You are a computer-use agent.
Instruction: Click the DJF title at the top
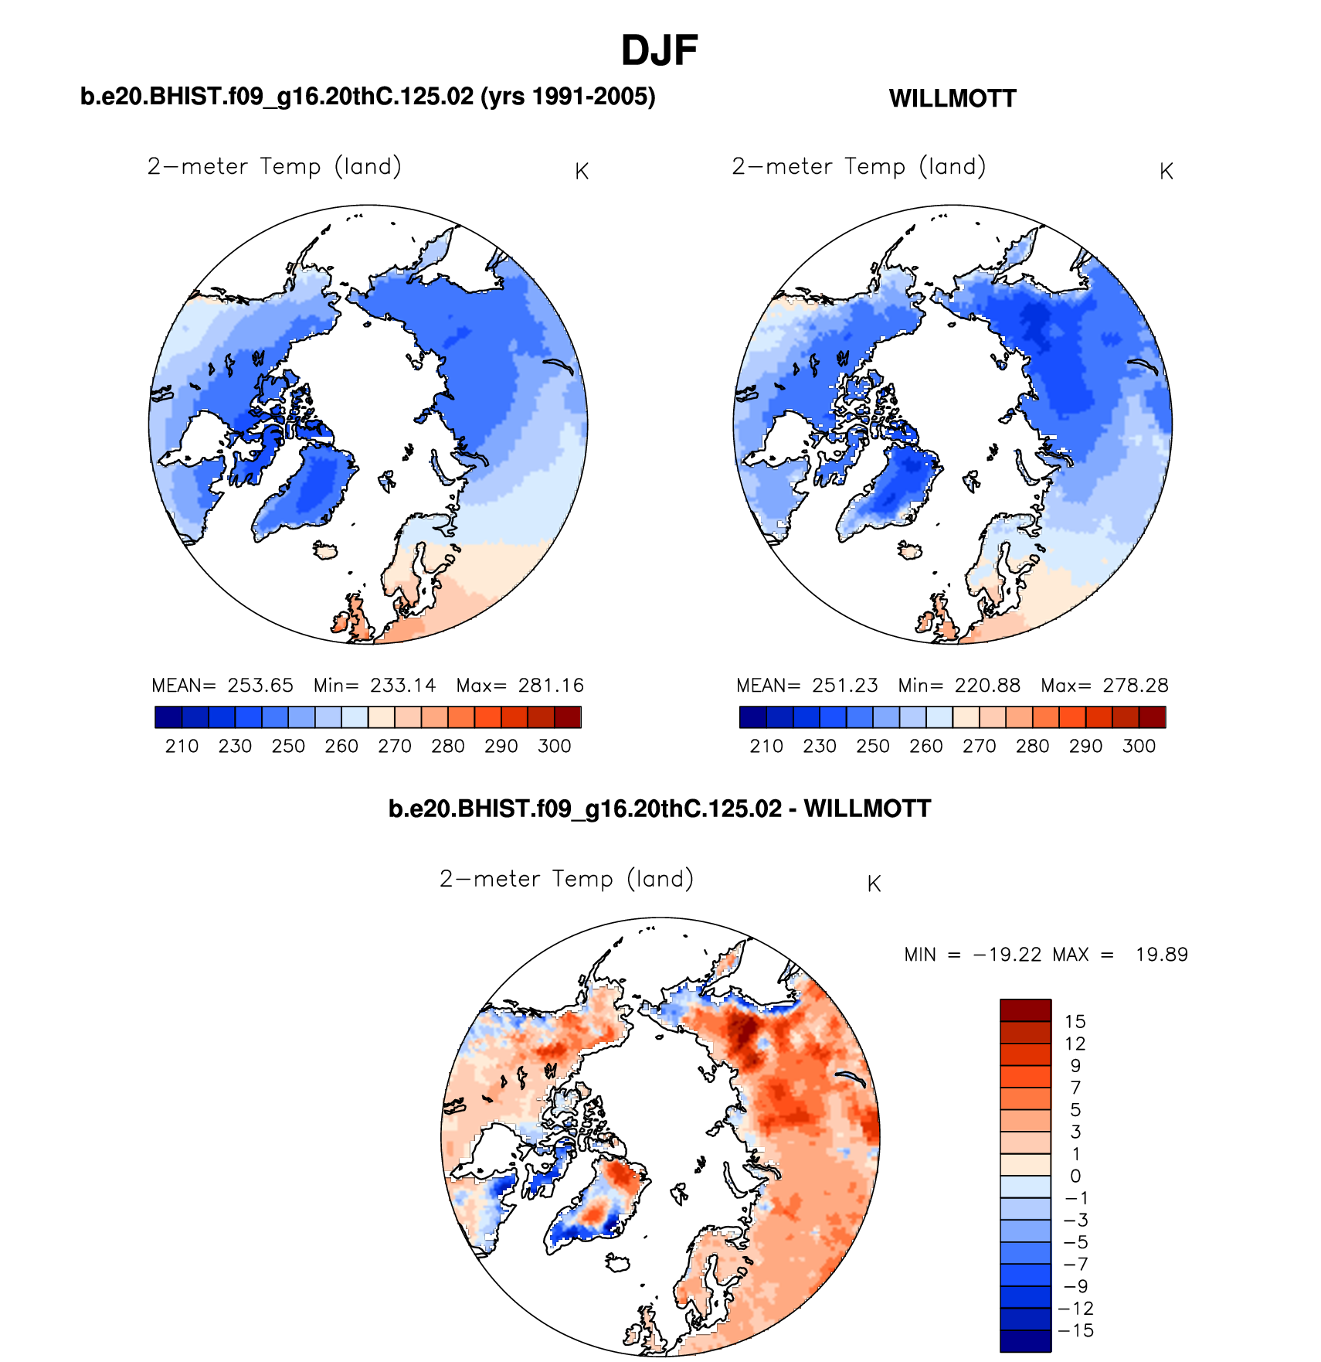(659, 51)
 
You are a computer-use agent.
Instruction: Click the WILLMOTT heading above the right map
(952, 99)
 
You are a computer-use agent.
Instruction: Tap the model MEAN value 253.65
(260, 686)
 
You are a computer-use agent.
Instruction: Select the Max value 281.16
(551, 686)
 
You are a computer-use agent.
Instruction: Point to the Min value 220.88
(987, 686)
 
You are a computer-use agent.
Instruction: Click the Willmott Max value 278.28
(1136, 686)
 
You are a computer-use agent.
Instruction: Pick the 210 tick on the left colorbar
(182, 746)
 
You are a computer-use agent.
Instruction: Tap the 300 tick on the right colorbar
(1139, 746)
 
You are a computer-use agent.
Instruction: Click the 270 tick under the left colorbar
(394, 746)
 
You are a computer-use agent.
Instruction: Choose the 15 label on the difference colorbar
(1075, 1021)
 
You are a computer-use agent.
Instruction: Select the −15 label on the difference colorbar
(1076, 1330)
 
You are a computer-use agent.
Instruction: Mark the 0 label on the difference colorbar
(1075, 1176)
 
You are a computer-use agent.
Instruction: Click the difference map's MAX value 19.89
(1161, 955)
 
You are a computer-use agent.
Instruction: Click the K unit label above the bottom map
(874, 884)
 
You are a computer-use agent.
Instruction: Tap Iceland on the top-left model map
(325, 550)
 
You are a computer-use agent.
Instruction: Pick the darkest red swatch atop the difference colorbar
(1025, 1010)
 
